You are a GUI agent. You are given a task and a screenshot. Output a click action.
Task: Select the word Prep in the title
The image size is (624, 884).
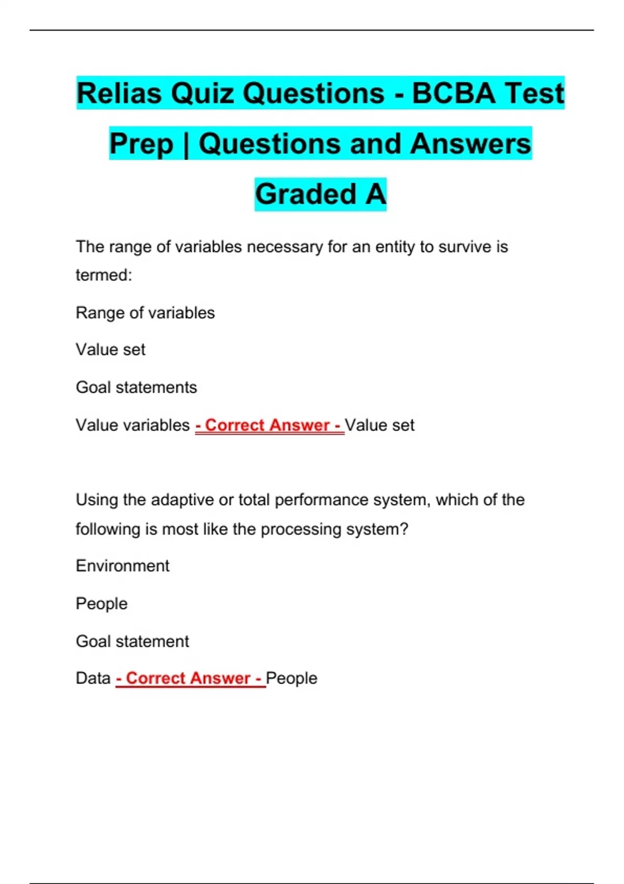(x=141, y=144)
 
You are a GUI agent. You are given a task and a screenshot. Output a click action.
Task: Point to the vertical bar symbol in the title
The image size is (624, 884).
(x=186, y=145)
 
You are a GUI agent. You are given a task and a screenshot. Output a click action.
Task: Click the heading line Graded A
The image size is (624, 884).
(x=320, y=194)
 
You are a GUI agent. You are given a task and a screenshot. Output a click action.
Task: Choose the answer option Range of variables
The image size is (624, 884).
(x=145, y=313)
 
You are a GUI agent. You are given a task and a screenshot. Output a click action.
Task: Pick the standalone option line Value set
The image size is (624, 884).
(x=110, y=349)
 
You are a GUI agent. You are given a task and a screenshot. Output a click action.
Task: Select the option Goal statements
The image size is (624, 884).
(x=136, y=387)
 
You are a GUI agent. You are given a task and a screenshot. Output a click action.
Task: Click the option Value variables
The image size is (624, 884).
(x=133, y=425)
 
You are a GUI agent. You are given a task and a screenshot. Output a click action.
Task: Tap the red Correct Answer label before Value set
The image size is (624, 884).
(x=269, y=425)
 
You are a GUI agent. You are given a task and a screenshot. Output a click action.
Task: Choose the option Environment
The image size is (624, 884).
(x=123, y=566)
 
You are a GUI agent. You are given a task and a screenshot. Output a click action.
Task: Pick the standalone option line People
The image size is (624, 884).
(x=101, y=604)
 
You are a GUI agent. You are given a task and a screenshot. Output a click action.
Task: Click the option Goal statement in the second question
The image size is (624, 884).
(x=132, y=641)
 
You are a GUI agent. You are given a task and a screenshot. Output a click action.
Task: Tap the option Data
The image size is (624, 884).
(x=93, y=678)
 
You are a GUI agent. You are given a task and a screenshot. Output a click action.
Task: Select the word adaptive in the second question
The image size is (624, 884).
(x=182, y=500)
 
